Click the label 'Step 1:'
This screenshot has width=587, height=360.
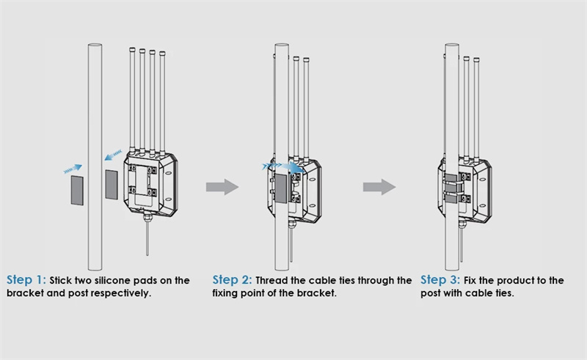26,281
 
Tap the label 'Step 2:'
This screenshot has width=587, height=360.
232,281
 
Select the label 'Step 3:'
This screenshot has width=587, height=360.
440,281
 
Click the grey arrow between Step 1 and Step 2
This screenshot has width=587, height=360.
221,187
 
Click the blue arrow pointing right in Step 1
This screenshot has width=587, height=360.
72,167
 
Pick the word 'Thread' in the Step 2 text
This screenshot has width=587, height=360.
273,281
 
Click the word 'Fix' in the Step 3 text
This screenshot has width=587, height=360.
473,281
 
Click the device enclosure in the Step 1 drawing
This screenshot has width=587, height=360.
151,184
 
